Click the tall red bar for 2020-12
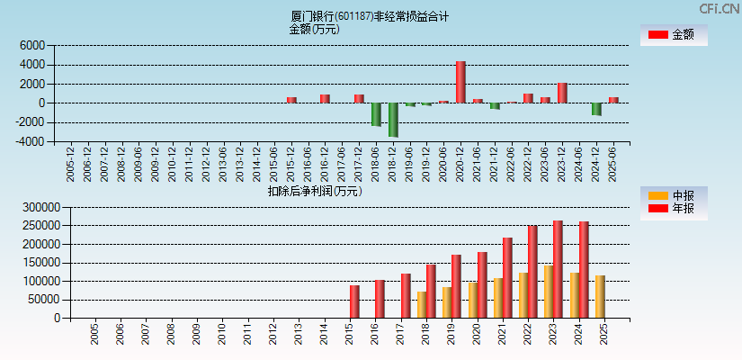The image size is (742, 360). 460,82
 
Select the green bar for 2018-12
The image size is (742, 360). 393,119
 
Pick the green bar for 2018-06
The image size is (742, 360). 376,114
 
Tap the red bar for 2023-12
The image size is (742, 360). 562,93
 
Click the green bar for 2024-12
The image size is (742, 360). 596,109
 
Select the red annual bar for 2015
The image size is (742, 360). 354,301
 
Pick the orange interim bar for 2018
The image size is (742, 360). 421,304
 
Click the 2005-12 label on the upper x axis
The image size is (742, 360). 71,163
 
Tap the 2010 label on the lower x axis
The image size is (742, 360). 222,336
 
